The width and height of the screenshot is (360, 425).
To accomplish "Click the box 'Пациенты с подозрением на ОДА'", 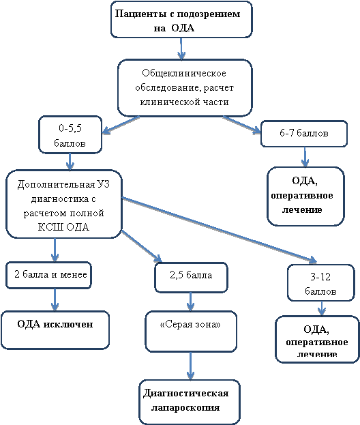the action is click(x=181, y=20).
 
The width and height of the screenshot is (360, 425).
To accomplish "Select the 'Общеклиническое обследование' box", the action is click(x=185, y=88).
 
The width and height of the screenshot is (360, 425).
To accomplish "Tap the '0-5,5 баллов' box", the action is click(x=70, y=134).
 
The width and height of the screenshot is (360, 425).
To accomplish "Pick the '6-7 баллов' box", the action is click(x=304, y=134).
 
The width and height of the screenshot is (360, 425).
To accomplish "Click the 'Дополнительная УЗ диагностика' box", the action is click(x=64, y=204).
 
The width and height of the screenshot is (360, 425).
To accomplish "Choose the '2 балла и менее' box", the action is click(x=49, y=275).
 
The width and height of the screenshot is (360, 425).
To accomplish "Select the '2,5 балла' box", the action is click(x=191, y=278).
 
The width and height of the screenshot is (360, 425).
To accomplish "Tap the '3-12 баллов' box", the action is click(x=321, y=282).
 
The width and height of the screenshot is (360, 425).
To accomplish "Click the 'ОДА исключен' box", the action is click(x=55, y=330).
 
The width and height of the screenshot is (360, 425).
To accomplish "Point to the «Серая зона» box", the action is click(x=191, y=332).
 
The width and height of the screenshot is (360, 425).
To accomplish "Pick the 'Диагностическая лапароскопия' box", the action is click(x=190, y=402).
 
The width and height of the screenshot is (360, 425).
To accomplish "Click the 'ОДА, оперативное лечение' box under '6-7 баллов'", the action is click(x=305, y=196).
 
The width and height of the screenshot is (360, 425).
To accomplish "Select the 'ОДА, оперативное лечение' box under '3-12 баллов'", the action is click(x=317, y=339).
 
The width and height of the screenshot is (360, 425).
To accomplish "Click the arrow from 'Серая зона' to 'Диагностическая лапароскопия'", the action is click(x=190, y=366).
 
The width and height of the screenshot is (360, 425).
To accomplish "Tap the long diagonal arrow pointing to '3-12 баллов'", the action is click(x=220, y=230).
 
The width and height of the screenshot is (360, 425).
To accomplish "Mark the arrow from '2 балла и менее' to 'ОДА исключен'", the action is click(x=55, y=299).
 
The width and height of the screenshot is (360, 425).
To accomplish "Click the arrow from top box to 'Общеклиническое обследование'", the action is click(x=181, y=49).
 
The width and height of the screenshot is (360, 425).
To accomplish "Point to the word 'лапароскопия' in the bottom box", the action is click(x=185, y=408).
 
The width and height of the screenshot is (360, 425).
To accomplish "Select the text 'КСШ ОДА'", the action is click(x=63, y=227).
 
